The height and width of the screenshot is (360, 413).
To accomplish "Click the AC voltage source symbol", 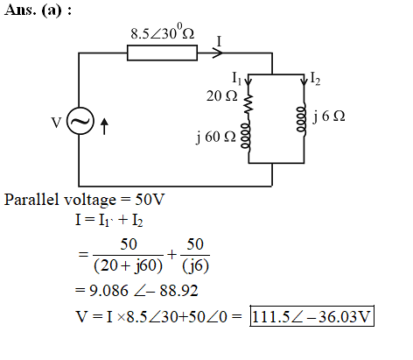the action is pyautogui.click(x=80, y=121).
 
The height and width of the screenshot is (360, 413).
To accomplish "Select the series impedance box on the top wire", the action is pyautogui.click(x=162, y=53).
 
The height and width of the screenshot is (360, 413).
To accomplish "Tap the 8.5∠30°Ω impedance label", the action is pyautogui.click(x=162, y=32).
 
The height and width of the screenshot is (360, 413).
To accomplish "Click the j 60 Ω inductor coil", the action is pyautogui.click(x=246, y=137).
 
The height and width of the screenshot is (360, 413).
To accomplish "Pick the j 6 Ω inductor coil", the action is pyautogui.click(x=302, y=119).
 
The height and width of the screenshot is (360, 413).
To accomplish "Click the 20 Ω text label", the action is pyautogui.click(x=221, y=96).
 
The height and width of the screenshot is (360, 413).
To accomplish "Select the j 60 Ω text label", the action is pyautogui.click(x=216, y=137).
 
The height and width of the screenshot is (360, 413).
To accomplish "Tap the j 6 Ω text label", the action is pyautogui.click(x=329, y=116).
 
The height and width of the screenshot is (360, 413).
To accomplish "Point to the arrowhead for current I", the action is pyautogui.click(x=218, y=53).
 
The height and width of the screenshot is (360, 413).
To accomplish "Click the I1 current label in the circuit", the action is pyautogui.click(x=236, y=78).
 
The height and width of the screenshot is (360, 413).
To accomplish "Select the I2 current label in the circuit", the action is pyautogui.click(x=315, y=79).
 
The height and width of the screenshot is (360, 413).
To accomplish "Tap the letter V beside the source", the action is pyautogui.click(x=56, y=123).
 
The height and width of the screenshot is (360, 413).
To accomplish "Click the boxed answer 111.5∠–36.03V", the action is pyautogui.click(x=311, y=316).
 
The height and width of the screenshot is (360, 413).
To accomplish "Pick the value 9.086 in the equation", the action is pyautogui.click(x=108, y=291).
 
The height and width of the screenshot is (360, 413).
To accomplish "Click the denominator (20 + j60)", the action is pyautogui.click(x=128, y=266).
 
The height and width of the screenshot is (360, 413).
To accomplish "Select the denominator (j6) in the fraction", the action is pyautogui.click(x=195, y=266).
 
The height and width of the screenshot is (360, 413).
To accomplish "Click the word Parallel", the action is pyautogui.click(x=31, y=200).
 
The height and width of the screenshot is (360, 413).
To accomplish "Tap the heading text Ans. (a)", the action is pyautogui.click(x=38, y=11).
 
